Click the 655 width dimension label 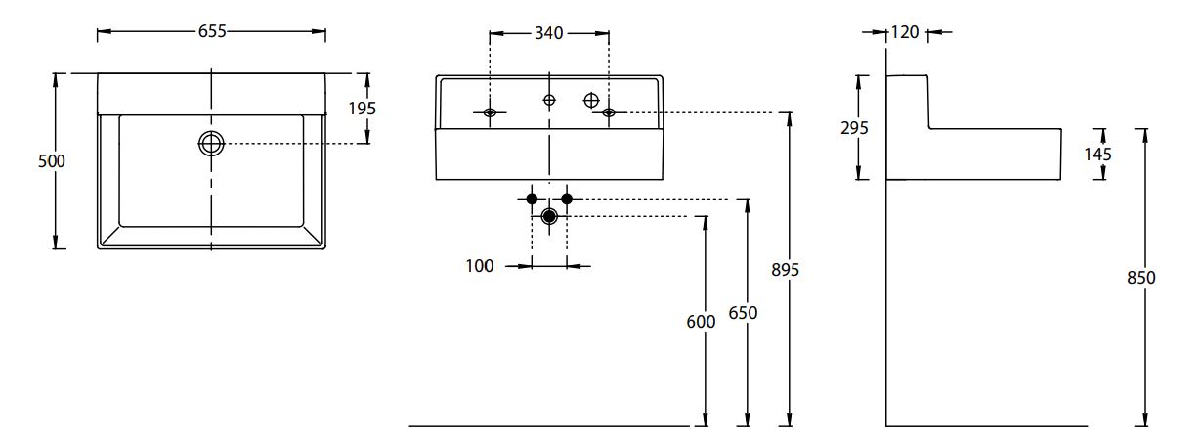click(x=212, y=31)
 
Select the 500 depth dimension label click(x=51, y=161)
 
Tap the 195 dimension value click(x=362, y=109)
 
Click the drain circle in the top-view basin click(x=211, y=144)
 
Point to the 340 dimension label click(x=548, y=33)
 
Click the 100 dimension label click(x=480, y=266)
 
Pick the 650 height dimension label click(x=744, y=313)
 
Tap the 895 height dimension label click(x=785, y=270)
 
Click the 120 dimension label click(x=905, y=33)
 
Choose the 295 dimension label click(x=854, y=128)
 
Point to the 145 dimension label click(x=1097, y=154)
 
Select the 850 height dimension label click(x=1140, y=278)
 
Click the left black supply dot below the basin click(x=532, y=200)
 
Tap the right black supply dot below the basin click(x=567, y=200)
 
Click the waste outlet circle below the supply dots click(x=549, y=216)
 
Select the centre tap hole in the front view click(x=549, y=100)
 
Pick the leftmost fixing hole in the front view click(x=490, y=113)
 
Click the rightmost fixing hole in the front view click(x=609, y=113)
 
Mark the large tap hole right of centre click(x=590, y=99)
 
